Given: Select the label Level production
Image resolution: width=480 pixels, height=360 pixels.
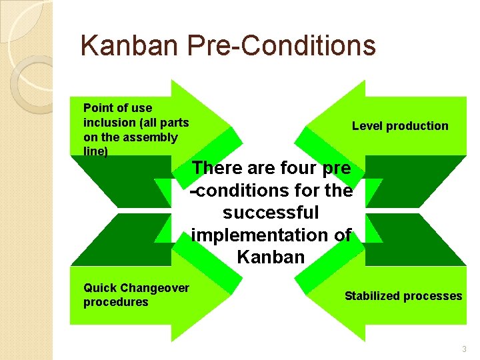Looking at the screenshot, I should coord(400,126).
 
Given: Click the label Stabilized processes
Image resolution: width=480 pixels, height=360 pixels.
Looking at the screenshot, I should coord(403,296).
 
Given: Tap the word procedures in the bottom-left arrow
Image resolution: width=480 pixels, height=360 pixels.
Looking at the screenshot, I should coord(115,302).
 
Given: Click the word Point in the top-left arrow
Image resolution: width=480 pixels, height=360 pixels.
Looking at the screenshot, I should coord(98,108).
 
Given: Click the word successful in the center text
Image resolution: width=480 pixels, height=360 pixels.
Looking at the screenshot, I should coord(271,213).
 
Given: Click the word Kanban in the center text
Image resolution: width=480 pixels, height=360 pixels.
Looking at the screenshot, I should coord(271,257).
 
